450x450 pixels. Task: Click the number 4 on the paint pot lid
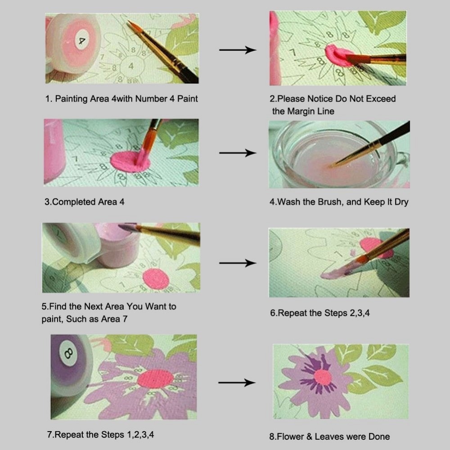click(x=82, y=41)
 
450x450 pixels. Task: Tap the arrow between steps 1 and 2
click(x=238, y=50)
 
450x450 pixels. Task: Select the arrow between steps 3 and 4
click(x=238, y=153)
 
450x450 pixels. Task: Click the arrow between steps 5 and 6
click(x=238, y=263)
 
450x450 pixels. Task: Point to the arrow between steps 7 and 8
click(x=237, y=383)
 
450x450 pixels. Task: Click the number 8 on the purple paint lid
click(x=68, y=352)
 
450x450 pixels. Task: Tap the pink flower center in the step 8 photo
click(x=322, y=377)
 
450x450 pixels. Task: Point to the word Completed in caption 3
click(x=74, y=202)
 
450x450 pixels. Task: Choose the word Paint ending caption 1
click(x=186, y=99)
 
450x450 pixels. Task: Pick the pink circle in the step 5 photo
click(x=155, y=279)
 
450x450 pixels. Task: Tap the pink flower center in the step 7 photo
click(x=155, y=379)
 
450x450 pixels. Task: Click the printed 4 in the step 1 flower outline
click(x=131, y=66)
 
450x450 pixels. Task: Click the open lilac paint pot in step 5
click(x=118, y=247)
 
